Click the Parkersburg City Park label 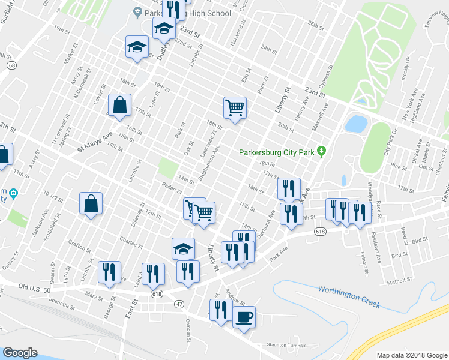pos(277,152)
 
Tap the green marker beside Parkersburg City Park pos(322,151)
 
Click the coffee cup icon pos(244,316)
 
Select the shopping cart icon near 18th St pos(235,108)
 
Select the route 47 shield pos(179,305)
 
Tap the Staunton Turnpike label pos(287,346)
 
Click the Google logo pos(20,352)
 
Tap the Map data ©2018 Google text pos(411,355)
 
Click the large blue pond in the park pos(356,124)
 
